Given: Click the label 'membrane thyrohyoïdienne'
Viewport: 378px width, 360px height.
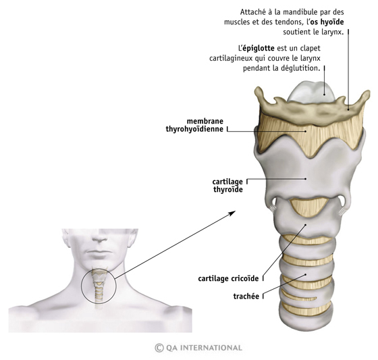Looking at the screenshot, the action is (x=194, y=125).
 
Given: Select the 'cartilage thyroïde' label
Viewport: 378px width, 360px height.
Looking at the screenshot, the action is (x=227, y=186).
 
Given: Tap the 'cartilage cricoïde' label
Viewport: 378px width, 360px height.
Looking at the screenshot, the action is (x=228, y=278).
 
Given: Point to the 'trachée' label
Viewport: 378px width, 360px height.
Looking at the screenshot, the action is (x=246, y=296).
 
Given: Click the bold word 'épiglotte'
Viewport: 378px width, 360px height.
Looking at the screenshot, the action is (x=259, y=48).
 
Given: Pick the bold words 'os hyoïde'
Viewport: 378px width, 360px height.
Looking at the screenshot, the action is (x=327, y=22).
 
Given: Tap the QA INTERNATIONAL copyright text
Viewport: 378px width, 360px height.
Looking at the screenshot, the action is (x=198, y=348).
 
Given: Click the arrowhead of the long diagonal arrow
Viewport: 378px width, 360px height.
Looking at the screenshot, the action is (x=233, y=213).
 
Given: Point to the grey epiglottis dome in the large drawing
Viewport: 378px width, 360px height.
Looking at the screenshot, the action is (x=312, y=93).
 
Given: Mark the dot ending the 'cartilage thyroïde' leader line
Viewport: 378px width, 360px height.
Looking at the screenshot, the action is (x=306, y=179).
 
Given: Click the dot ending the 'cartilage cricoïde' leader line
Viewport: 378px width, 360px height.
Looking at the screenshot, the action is (x=305, y=225).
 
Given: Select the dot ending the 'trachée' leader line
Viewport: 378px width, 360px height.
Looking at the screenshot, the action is (x=306, y=275).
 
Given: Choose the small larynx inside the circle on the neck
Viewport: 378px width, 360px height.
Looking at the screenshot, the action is (x=99, y=285).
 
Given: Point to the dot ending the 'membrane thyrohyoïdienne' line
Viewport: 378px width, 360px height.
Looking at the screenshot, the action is (x=306, y=131).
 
